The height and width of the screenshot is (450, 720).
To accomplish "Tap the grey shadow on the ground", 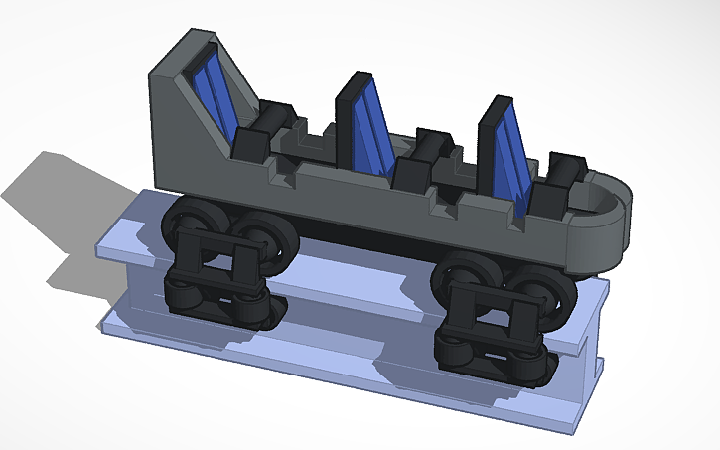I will point(60,209).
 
